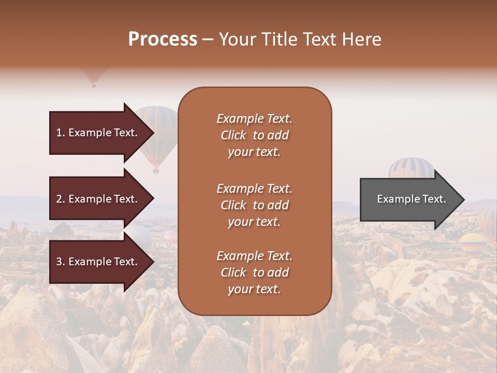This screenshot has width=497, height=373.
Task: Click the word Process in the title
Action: pos(163,39)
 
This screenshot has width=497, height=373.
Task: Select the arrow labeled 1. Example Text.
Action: pos(98,133)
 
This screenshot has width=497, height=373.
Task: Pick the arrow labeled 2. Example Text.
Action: pos(98,199)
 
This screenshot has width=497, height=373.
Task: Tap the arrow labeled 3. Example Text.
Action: pos(98,262)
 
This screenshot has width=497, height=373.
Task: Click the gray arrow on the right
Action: pos(409,199)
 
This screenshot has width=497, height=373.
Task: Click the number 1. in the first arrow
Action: pos(61,133)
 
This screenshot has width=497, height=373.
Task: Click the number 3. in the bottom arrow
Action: pos(61,262)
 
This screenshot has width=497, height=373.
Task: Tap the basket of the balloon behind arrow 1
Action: pos(155,170)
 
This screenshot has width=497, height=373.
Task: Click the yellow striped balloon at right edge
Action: pos(472,242)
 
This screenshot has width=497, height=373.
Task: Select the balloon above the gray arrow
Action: pos(412,168)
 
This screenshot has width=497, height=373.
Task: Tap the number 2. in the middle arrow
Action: pos(61,199)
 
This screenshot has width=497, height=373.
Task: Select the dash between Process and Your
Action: pos(208,39)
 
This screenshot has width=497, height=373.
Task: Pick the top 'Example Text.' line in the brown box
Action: pos(254,119)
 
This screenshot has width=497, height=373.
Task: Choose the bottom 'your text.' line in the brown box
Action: pos(254,289)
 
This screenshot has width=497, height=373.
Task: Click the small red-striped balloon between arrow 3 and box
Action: pos(170,237)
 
